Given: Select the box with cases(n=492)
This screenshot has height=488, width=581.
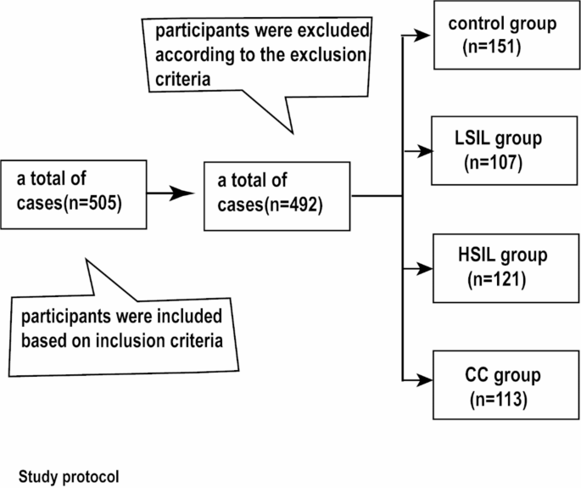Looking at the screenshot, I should coord(276,194).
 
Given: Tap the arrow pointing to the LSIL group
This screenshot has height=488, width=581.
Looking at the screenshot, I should coord(417,152).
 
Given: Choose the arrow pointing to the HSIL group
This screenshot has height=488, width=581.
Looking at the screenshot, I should coord(417,269).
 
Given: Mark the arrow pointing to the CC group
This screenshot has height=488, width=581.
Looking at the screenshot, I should coord(417,384).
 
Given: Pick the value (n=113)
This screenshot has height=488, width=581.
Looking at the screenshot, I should coord(494,395).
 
